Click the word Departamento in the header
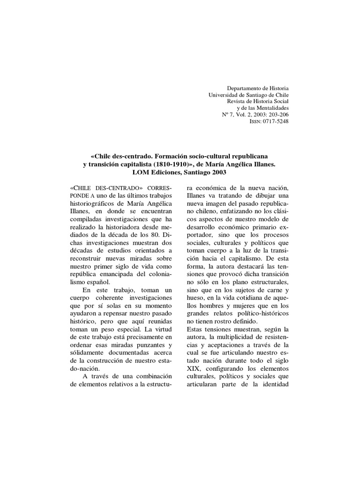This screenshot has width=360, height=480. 244,89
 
